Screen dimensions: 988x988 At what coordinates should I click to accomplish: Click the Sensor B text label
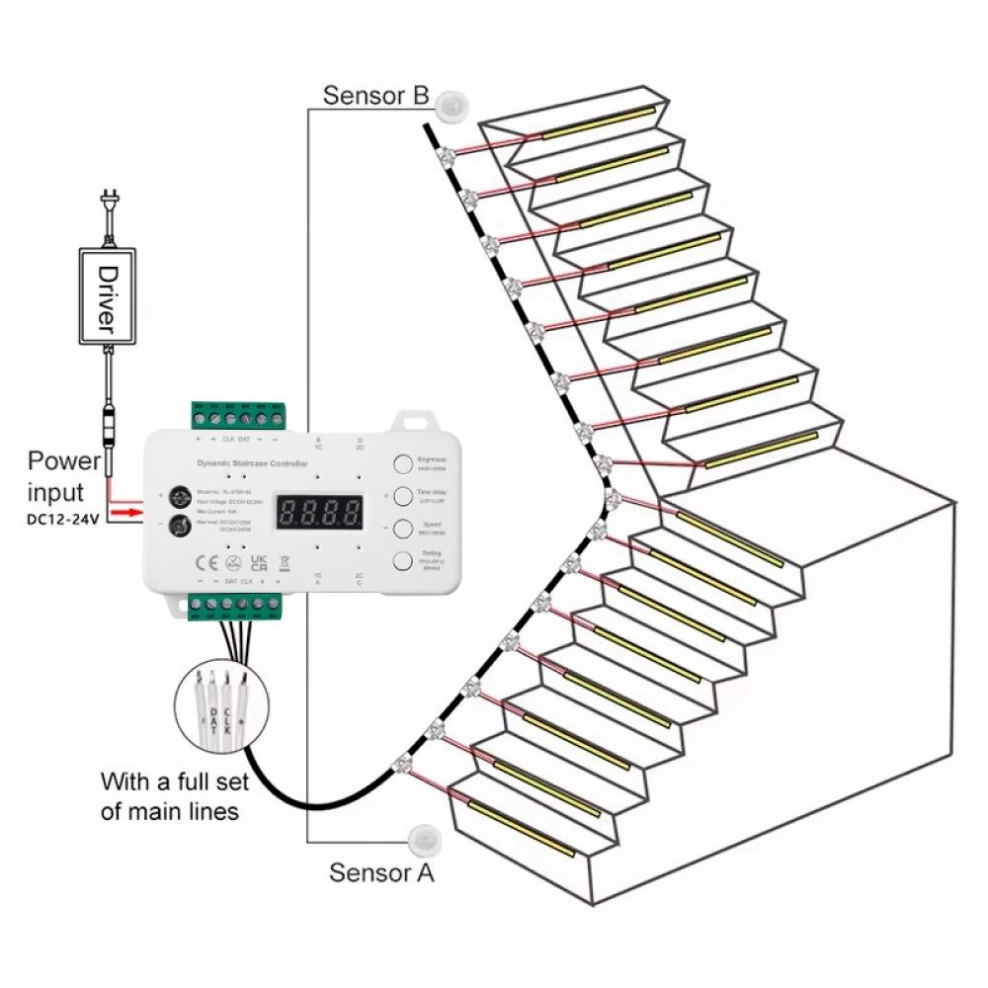point(375,96)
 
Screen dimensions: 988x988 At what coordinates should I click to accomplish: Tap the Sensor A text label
point(381,872)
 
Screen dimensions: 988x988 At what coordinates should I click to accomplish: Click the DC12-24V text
point(63,519)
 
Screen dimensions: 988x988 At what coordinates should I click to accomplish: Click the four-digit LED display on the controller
point(318,512)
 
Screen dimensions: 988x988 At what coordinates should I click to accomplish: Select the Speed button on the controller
point(404,528)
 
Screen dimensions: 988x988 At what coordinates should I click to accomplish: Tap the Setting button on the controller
point(404,562)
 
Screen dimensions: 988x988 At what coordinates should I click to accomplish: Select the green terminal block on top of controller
point(238,415)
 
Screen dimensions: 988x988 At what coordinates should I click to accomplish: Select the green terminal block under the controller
point(237,606)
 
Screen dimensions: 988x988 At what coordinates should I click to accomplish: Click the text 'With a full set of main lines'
point(174,796)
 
